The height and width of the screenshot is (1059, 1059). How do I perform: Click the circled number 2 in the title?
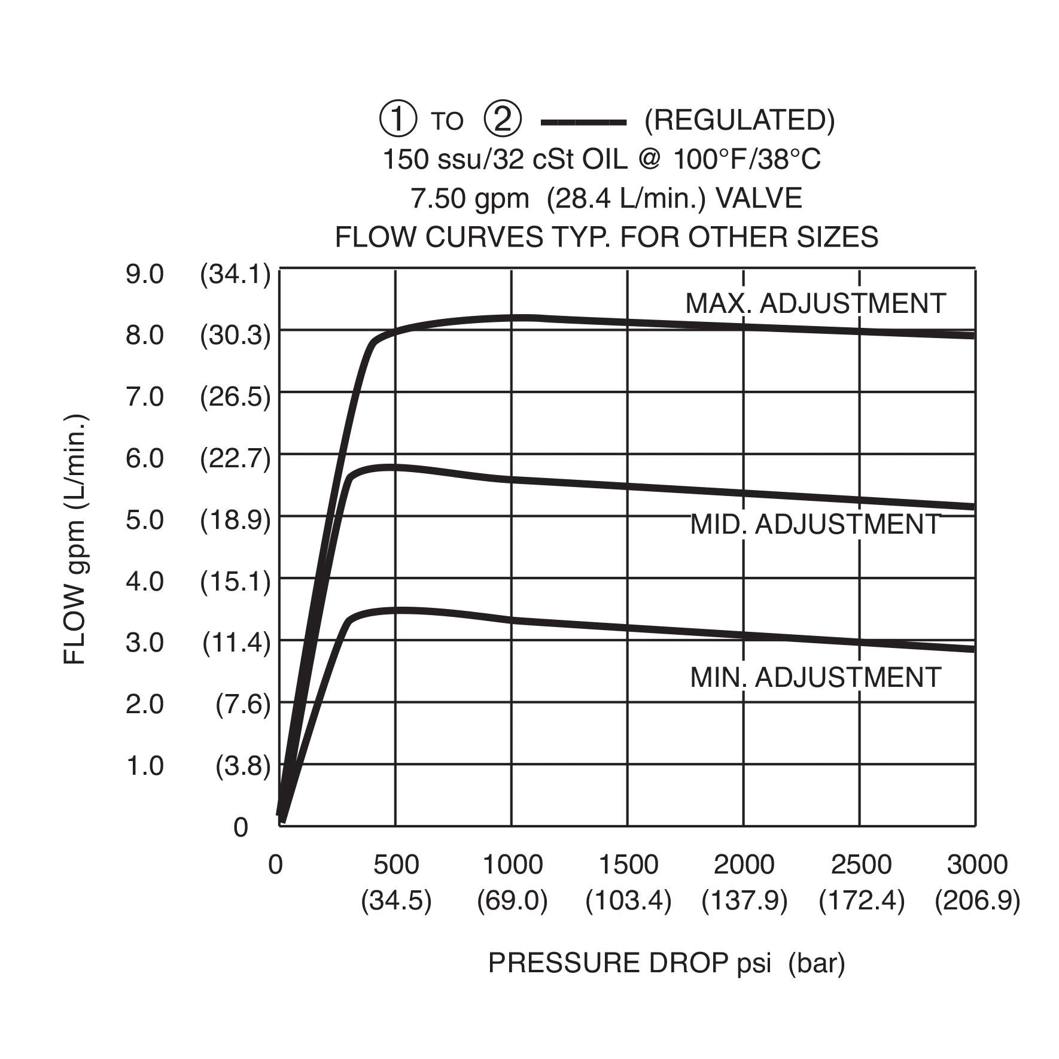tap(502, 120)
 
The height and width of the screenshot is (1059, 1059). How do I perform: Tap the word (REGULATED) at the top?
tap(740, 120)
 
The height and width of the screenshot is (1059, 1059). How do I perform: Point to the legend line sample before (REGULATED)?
tap(583, 123)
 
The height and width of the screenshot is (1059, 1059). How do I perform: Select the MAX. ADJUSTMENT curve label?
tap(815, 303)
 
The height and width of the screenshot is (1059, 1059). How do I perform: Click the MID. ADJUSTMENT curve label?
tap(815, 524)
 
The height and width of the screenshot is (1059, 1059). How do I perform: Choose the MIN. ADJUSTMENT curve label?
tap(815, 677)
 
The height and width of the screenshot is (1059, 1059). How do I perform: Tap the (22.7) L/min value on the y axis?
tap(235, 459)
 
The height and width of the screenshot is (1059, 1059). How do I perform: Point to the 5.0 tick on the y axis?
tap(144, 520)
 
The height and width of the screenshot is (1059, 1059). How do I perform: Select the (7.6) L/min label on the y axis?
tap(243, 704)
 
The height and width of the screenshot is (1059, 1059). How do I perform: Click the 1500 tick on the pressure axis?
tap(628, 865)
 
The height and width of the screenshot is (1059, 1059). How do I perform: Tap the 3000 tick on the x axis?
tap(977, 865)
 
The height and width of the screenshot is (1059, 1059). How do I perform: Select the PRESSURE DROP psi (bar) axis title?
tap(667, 963)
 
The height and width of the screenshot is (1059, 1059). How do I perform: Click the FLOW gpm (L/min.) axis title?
tap(75, 538)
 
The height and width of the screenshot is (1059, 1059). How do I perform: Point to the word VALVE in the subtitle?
tap(759, 198)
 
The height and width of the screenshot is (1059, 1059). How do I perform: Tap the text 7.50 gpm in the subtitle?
tap(470, 198)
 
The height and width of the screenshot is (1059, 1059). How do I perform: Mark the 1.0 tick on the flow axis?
tap(144, 766)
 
